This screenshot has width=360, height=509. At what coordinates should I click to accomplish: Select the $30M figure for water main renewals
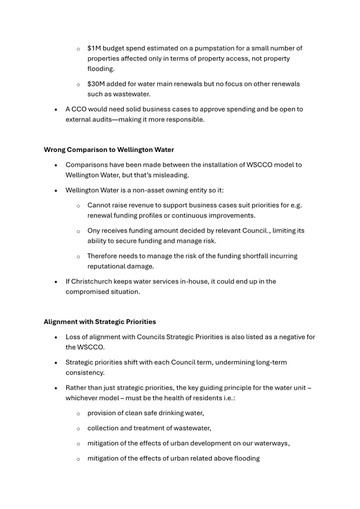click(97, 84)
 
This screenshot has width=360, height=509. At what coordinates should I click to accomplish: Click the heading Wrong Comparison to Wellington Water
click(109, 150)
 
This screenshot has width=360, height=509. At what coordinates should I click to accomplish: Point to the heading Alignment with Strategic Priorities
click(100, 322)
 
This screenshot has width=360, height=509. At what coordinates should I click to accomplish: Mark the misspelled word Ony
click(94, 231)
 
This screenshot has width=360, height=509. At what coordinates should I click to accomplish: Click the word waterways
click(270, 443)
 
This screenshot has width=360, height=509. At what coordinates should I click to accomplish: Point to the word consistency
click(85, 373)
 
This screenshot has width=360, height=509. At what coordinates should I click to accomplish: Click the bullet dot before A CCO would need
click(57, 109)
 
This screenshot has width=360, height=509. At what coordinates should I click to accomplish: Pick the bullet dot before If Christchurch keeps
click(57, 281)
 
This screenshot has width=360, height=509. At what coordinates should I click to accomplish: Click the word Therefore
click(104, 256)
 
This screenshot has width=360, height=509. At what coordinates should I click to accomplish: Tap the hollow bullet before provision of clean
click(78, 413)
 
